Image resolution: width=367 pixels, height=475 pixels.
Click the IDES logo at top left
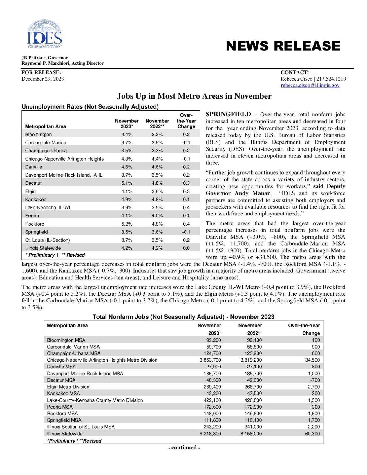point(44,34)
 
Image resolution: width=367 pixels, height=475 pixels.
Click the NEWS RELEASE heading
point(283,46)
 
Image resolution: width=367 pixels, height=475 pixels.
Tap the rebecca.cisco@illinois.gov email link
point(310,85)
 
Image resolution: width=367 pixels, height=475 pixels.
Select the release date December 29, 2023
point(43,79)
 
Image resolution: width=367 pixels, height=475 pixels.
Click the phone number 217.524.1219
point(331,79)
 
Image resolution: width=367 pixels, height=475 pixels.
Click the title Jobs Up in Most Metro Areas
point(194,96)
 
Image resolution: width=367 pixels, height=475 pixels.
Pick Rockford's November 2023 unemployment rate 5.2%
point(127,224)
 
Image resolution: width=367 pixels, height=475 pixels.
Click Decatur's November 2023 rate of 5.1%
point(127,183)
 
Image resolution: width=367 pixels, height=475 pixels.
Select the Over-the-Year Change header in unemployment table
point(186,121)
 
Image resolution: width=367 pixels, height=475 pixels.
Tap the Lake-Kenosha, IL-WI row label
point(48,207)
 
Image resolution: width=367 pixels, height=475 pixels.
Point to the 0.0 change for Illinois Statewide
point(186,248)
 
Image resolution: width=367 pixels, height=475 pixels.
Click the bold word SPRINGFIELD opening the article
point(228,114)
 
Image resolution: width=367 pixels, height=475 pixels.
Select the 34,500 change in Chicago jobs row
point(312,360)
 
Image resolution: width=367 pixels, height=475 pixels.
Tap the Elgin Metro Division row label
point(68,387)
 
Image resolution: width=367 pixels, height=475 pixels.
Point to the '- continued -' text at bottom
point(184,447)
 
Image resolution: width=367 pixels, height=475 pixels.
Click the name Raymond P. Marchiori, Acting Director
point(62,63)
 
